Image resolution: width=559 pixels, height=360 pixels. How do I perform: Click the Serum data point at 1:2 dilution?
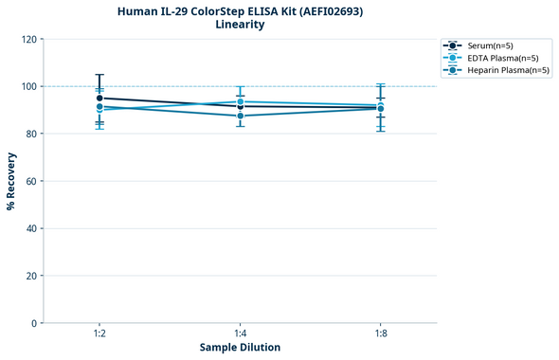click(99, 98)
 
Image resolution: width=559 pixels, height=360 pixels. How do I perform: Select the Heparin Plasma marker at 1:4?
click(240, 116)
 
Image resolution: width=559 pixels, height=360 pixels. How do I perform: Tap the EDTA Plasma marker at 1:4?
click(240, 101)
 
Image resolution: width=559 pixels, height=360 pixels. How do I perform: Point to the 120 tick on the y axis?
click(29, 40)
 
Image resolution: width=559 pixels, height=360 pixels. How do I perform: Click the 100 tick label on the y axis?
click(29, 87)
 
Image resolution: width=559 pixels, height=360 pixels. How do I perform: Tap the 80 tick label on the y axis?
click(32, 135)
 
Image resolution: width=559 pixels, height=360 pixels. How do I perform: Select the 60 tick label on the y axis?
click(32, 182)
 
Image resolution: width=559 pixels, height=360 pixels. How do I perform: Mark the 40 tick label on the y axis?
click(32, 229)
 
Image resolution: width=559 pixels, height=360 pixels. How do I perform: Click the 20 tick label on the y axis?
click(32, 277)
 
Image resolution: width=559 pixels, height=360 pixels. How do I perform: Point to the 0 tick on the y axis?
click(35, 324)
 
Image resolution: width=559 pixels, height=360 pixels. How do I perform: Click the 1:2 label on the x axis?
click(99, 334)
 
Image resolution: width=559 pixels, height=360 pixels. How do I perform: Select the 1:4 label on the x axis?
click(240, 334)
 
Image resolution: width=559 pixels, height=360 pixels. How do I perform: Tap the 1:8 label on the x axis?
click(380, 334)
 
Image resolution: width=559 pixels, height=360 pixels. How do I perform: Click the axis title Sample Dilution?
click(240, 348)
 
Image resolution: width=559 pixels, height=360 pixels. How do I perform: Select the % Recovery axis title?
click(11, 181)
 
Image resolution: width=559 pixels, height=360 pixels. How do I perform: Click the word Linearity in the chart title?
click(240, 25)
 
